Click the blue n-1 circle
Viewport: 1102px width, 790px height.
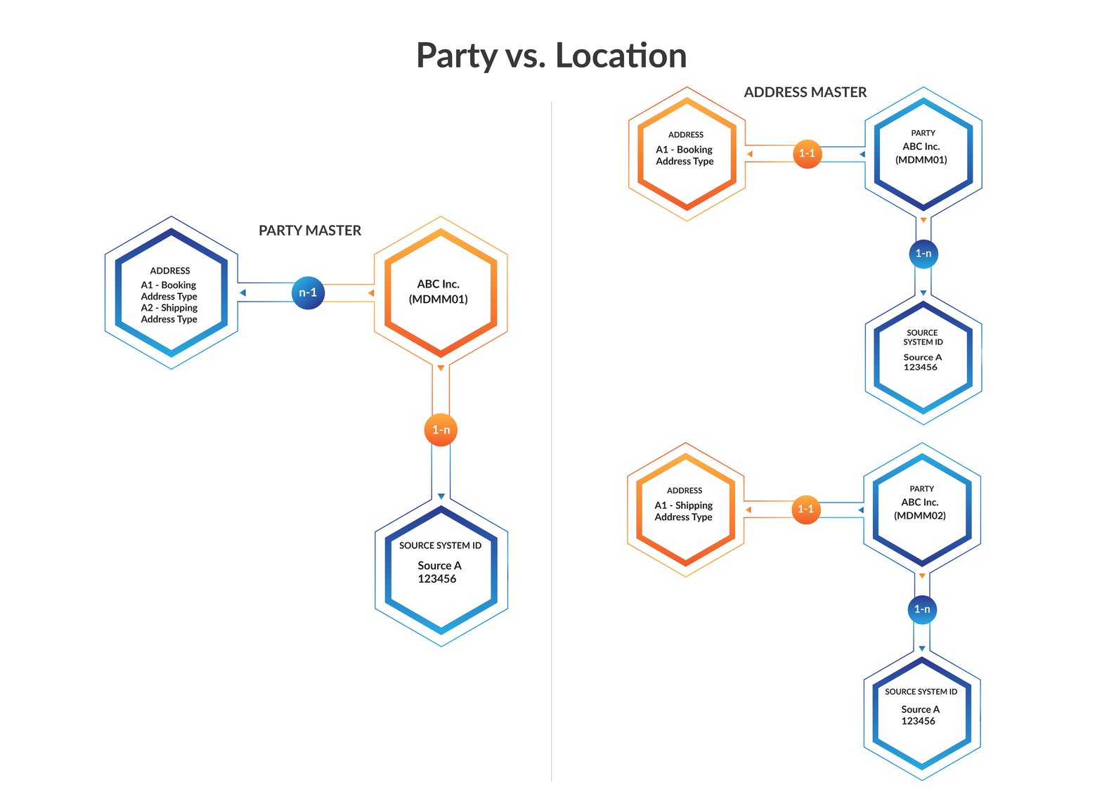(x=308, y=292)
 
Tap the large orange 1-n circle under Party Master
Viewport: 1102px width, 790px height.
(x=441, y=429)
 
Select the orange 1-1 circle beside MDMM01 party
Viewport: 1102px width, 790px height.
(x=807, y=153)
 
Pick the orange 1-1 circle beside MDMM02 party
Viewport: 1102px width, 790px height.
(x=805, y=509)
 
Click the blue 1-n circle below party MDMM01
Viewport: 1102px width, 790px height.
(x=923, y=253)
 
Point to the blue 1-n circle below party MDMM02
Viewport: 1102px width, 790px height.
(x=921, y=609)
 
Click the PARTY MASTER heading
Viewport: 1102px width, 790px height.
(x=309, y=231)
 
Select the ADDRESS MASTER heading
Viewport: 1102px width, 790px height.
(x=805, y=92)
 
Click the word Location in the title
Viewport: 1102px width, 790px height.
(x=621, y=56)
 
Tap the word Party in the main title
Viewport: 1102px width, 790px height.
(x=456, y=56)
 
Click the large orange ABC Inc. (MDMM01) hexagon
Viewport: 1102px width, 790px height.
(x=441, y=292)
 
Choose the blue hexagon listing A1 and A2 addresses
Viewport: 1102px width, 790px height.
(x=171, y=292)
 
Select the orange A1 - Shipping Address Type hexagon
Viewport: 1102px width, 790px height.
(x=685, y=510)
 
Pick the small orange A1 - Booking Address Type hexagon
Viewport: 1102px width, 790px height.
(x=686, y=154)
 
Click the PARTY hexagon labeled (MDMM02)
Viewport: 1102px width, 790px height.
(x=921, y=509)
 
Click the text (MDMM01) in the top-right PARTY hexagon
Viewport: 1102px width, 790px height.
(x=921, y=160)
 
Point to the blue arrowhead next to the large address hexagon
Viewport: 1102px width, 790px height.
(x=242, y=292)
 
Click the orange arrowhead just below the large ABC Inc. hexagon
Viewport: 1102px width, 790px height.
(x=441, y=368)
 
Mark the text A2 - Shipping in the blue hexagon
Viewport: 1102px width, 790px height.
(x=169, y=308)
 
